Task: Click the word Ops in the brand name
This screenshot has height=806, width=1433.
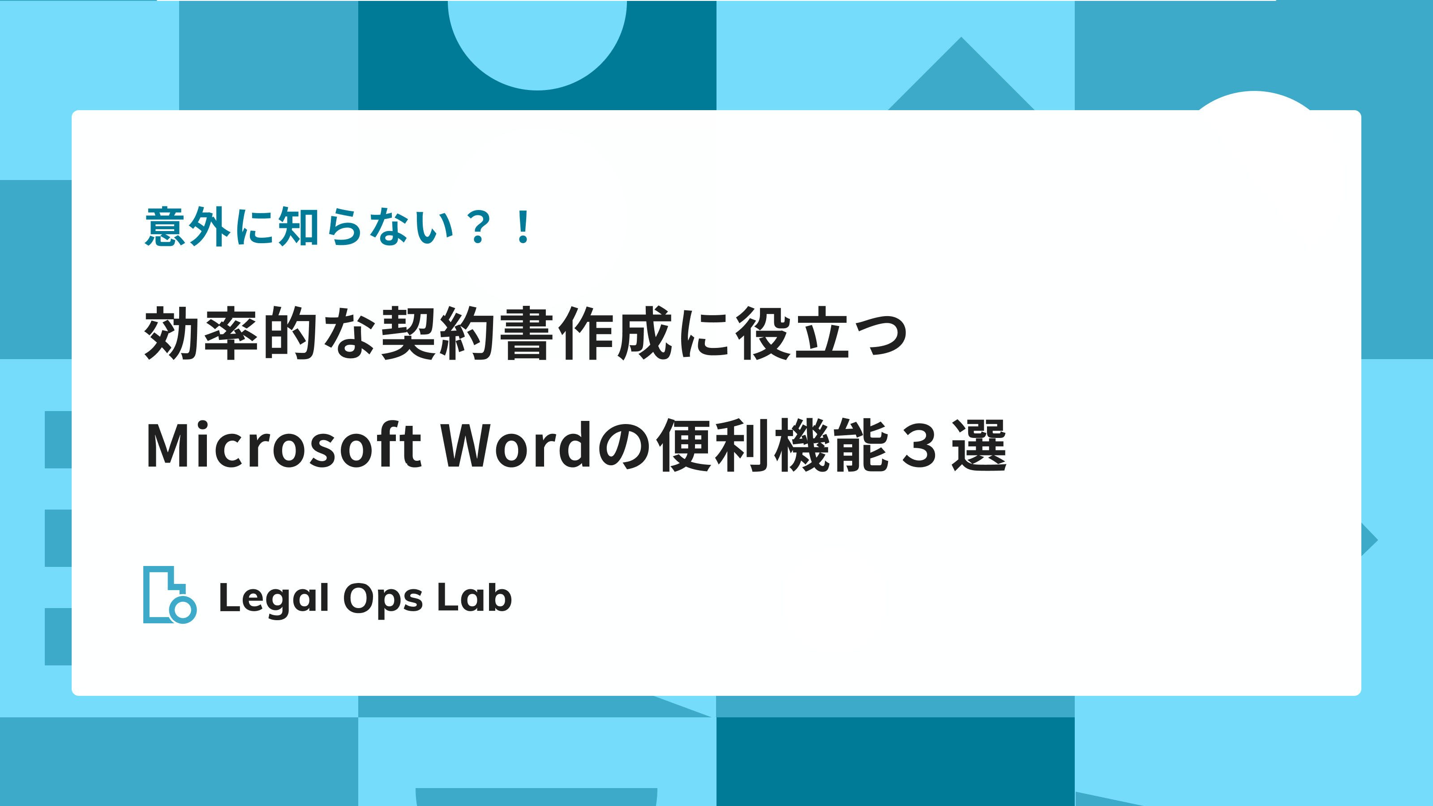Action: coord(383,600)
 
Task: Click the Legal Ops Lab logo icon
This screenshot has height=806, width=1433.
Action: coord(170,595)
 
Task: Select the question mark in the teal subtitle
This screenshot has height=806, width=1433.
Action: coord(480,227)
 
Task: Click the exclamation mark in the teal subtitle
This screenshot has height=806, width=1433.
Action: coord(523,227)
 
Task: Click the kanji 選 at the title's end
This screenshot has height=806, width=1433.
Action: coord(979,445)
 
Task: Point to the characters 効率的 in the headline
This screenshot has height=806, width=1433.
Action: coord(231,333)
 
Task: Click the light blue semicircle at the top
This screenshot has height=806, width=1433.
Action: coord(537,44)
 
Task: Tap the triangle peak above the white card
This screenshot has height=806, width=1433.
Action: coord(961,38)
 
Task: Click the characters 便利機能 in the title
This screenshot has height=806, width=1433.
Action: coord(773,445)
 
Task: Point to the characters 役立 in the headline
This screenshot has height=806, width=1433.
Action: coord(793,333)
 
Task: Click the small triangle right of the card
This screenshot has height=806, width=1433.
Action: coord(1369,540)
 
